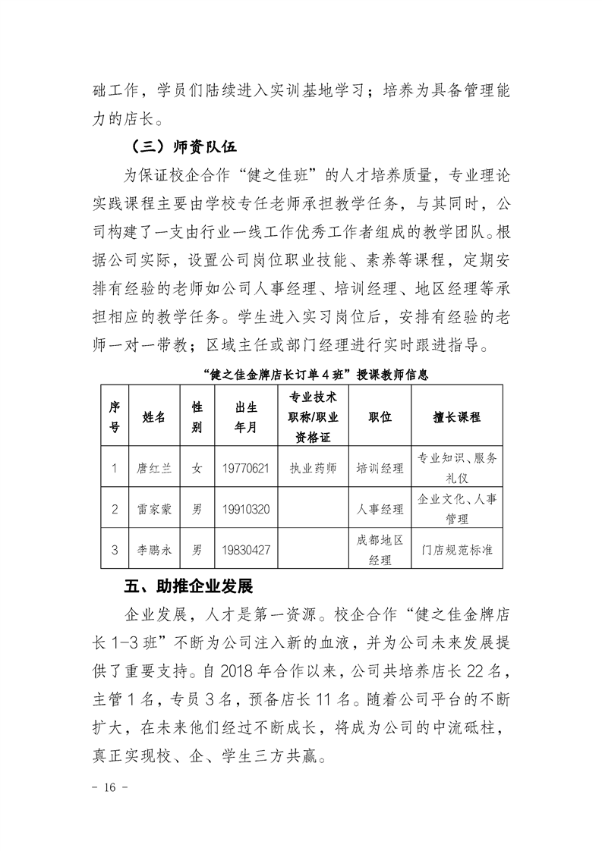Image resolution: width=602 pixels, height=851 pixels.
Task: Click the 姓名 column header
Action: pos(154,417)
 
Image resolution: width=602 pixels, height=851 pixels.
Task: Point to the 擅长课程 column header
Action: pos(456,417)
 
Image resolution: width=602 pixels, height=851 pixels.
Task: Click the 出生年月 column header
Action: pos(244,417)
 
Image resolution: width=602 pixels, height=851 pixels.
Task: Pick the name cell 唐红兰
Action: pos(154,468)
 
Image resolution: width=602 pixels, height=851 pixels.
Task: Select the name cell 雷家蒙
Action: pos(154,509)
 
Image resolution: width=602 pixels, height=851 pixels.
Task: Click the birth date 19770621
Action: pos(244,468)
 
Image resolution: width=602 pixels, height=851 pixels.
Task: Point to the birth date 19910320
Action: pos(244,509)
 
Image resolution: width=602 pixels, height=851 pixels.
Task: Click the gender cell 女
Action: pos(197,468)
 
